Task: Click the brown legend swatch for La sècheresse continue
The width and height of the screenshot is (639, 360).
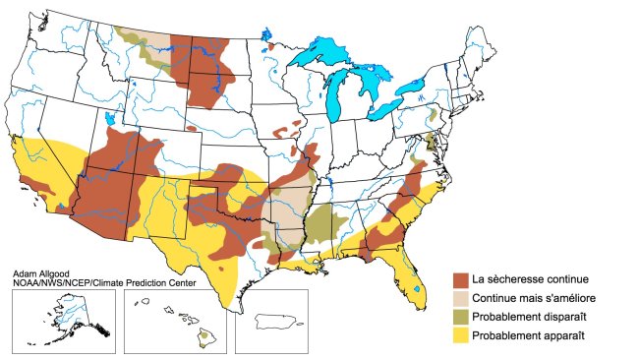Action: [459, 280]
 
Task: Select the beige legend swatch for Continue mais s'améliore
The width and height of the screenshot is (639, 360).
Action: [459, 299]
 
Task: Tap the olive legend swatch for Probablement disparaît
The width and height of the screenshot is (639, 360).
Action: [459, 318]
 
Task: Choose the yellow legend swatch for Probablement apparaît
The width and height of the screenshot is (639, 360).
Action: [459, 336]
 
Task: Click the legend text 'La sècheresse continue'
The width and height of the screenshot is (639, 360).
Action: [531, 280]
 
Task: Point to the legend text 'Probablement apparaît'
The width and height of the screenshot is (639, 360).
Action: [528, 336]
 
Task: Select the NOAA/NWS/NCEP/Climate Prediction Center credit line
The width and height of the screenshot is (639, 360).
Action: [103, 283]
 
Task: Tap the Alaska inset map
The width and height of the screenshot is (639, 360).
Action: [60, 321]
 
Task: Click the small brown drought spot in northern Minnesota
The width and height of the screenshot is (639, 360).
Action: [269, 45]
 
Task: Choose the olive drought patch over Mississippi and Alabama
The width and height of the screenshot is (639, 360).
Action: [323, 225]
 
